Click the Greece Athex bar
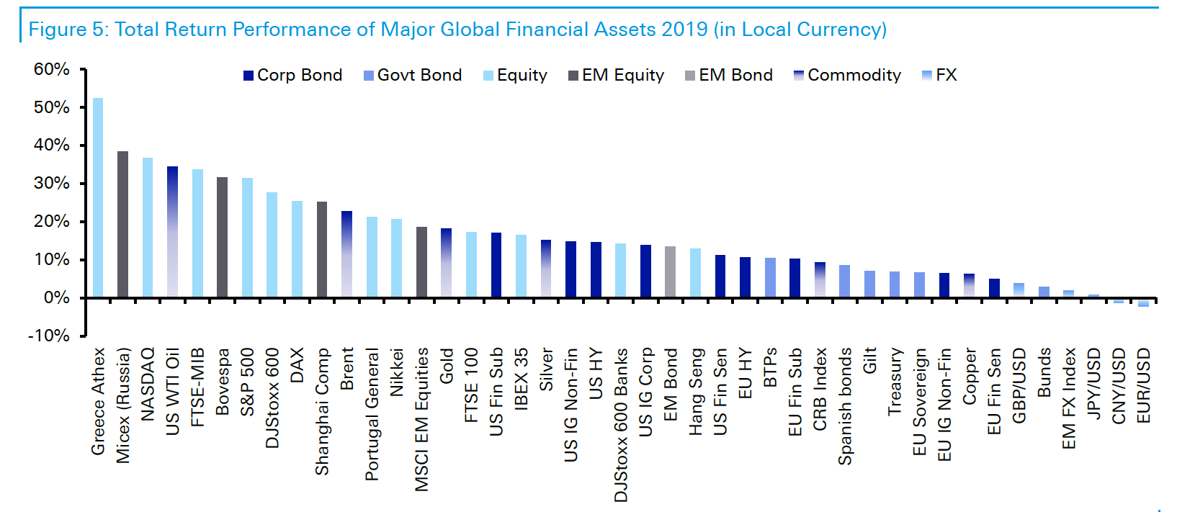point(98,197)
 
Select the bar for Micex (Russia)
point(122,224)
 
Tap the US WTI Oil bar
point(172,232)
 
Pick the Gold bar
point(446,263)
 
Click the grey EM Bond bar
point(670,271)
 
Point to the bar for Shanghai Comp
point(321,249)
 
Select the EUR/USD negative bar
point(1143,302)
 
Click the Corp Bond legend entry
point(292,75)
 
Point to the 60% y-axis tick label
point(52,69)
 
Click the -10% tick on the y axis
point(49,336)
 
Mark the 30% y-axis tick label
point(52,183)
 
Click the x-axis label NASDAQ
point(148,384)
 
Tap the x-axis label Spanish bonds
point(845,406)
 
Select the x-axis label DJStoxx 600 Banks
point(621,425)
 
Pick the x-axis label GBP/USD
point(1019,385)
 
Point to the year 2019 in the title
point(684,30)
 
